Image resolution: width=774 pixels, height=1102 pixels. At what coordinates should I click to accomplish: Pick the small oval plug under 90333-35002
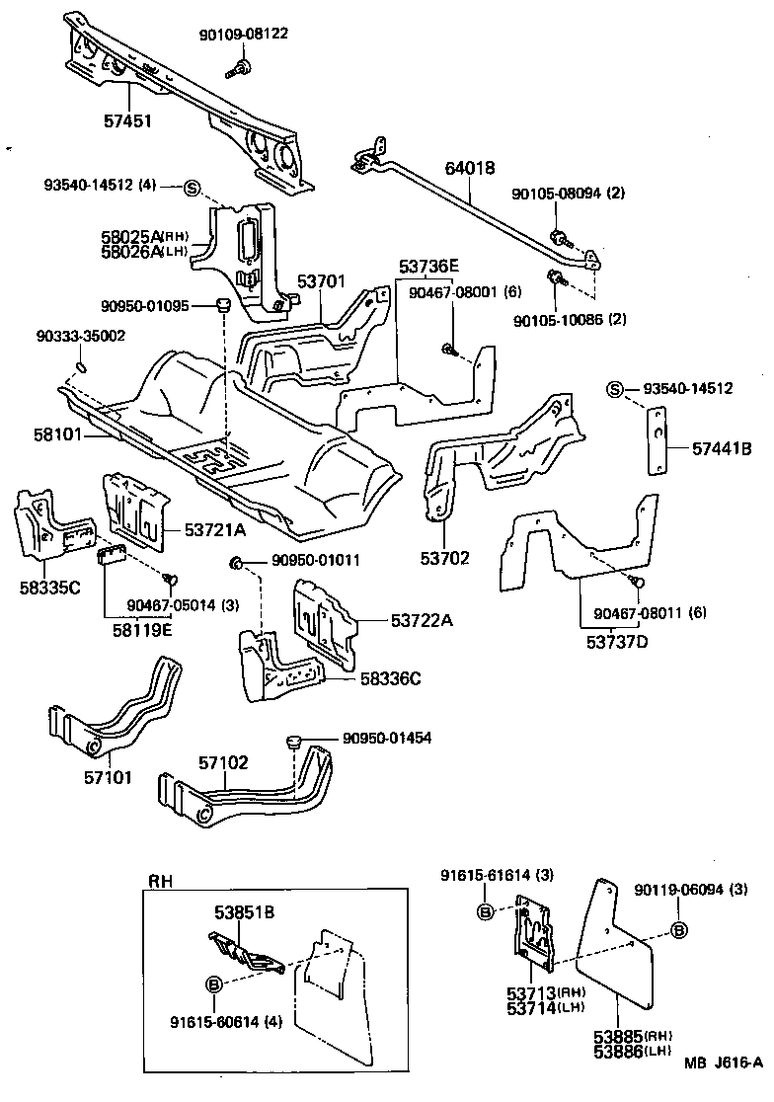pos(82,369)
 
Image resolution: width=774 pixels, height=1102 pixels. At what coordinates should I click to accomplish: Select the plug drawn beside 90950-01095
pos(224,302)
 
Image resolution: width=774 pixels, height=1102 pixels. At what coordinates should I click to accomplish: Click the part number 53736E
pos(429,267)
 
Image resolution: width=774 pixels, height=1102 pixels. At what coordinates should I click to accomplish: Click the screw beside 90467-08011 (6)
pos(637,584)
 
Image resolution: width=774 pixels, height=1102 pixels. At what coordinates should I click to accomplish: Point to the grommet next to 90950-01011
pos(237,563)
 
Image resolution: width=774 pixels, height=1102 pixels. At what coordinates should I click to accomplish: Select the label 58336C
pos(390,678)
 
